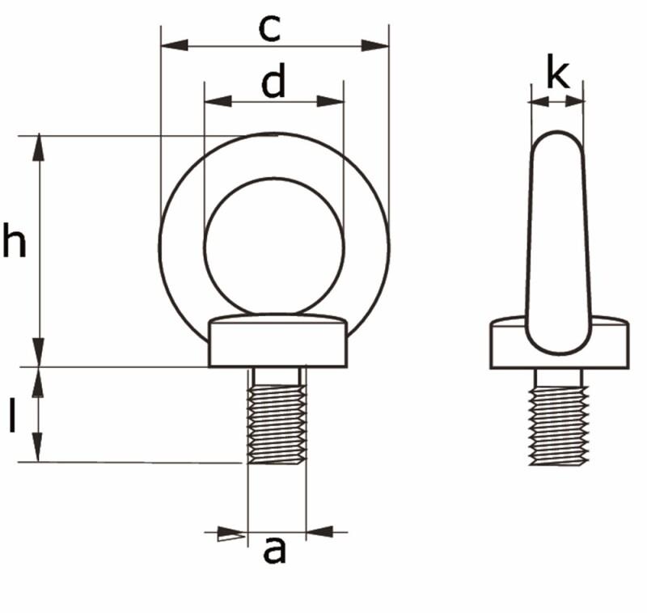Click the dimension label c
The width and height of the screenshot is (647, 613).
(269, 28)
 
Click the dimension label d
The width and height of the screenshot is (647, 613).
(273, 82)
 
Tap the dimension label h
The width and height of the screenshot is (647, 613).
(14, 242)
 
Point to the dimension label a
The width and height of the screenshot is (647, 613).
(275, 551)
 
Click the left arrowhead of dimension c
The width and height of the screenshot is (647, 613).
(174, 44)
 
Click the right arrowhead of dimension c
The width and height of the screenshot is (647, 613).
(376, 44)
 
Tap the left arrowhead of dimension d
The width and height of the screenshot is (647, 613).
(218, 101)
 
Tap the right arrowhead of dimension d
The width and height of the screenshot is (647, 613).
(331, 101)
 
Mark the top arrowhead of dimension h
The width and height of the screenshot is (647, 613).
(38, 149)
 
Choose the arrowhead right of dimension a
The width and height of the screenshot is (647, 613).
(320, 532)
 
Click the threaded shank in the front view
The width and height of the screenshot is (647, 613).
(277, 422)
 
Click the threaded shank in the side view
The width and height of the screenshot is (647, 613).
(558, 422)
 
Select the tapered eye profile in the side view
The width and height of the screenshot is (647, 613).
(557, 235)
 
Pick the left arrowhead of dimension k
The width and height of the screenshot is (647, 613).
(537, 101)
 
